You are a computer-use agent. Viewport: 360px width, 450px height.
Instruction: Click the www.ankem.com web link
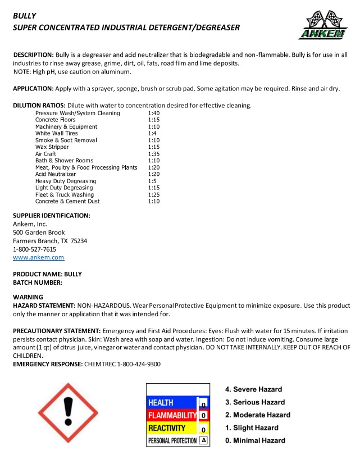tap(38, 258)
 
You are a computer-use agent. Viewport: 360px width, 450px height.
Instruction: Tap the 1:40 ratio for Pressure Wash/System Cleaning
tap(154, 113)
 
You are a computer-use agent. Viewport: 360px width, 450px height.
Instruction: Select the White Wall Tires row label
tap(56, 134)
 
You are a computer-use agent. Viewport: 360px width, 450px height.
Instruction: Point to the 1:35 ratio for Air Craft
tap(154, 154)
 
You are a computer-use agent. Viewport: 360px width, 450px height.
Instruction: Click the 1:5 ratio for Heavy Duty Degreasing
tap(152, 181)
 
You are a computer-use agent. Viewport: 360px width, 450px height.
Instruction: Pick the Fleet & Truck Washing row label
tap(65, 194)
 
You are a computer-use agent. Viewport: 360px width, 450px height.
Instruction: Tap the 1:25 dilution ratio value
tap(154, 194)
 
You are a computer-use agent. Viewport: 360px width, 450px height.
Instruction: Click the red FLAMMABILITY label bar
tap(171, 416)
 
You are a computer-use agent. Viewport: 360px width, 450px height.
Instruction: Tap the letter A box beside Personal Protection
tap(203, 440)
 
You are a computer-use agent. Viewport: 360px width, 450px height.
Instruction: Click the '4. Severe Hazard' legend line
tap(253, 389)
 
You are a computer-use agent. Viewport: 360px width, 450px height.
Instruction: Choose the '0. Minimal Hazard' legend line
tap(255, 441)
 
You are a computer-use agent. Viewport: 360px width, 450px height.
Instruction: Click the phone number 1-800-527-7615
tap(34, 249)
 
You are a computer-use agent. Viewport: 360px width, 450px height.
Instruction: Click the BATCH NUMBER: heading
tap(38, 283)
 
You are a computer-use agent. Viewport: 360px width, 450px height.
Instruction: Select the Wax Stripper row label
tap(52, 147)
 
